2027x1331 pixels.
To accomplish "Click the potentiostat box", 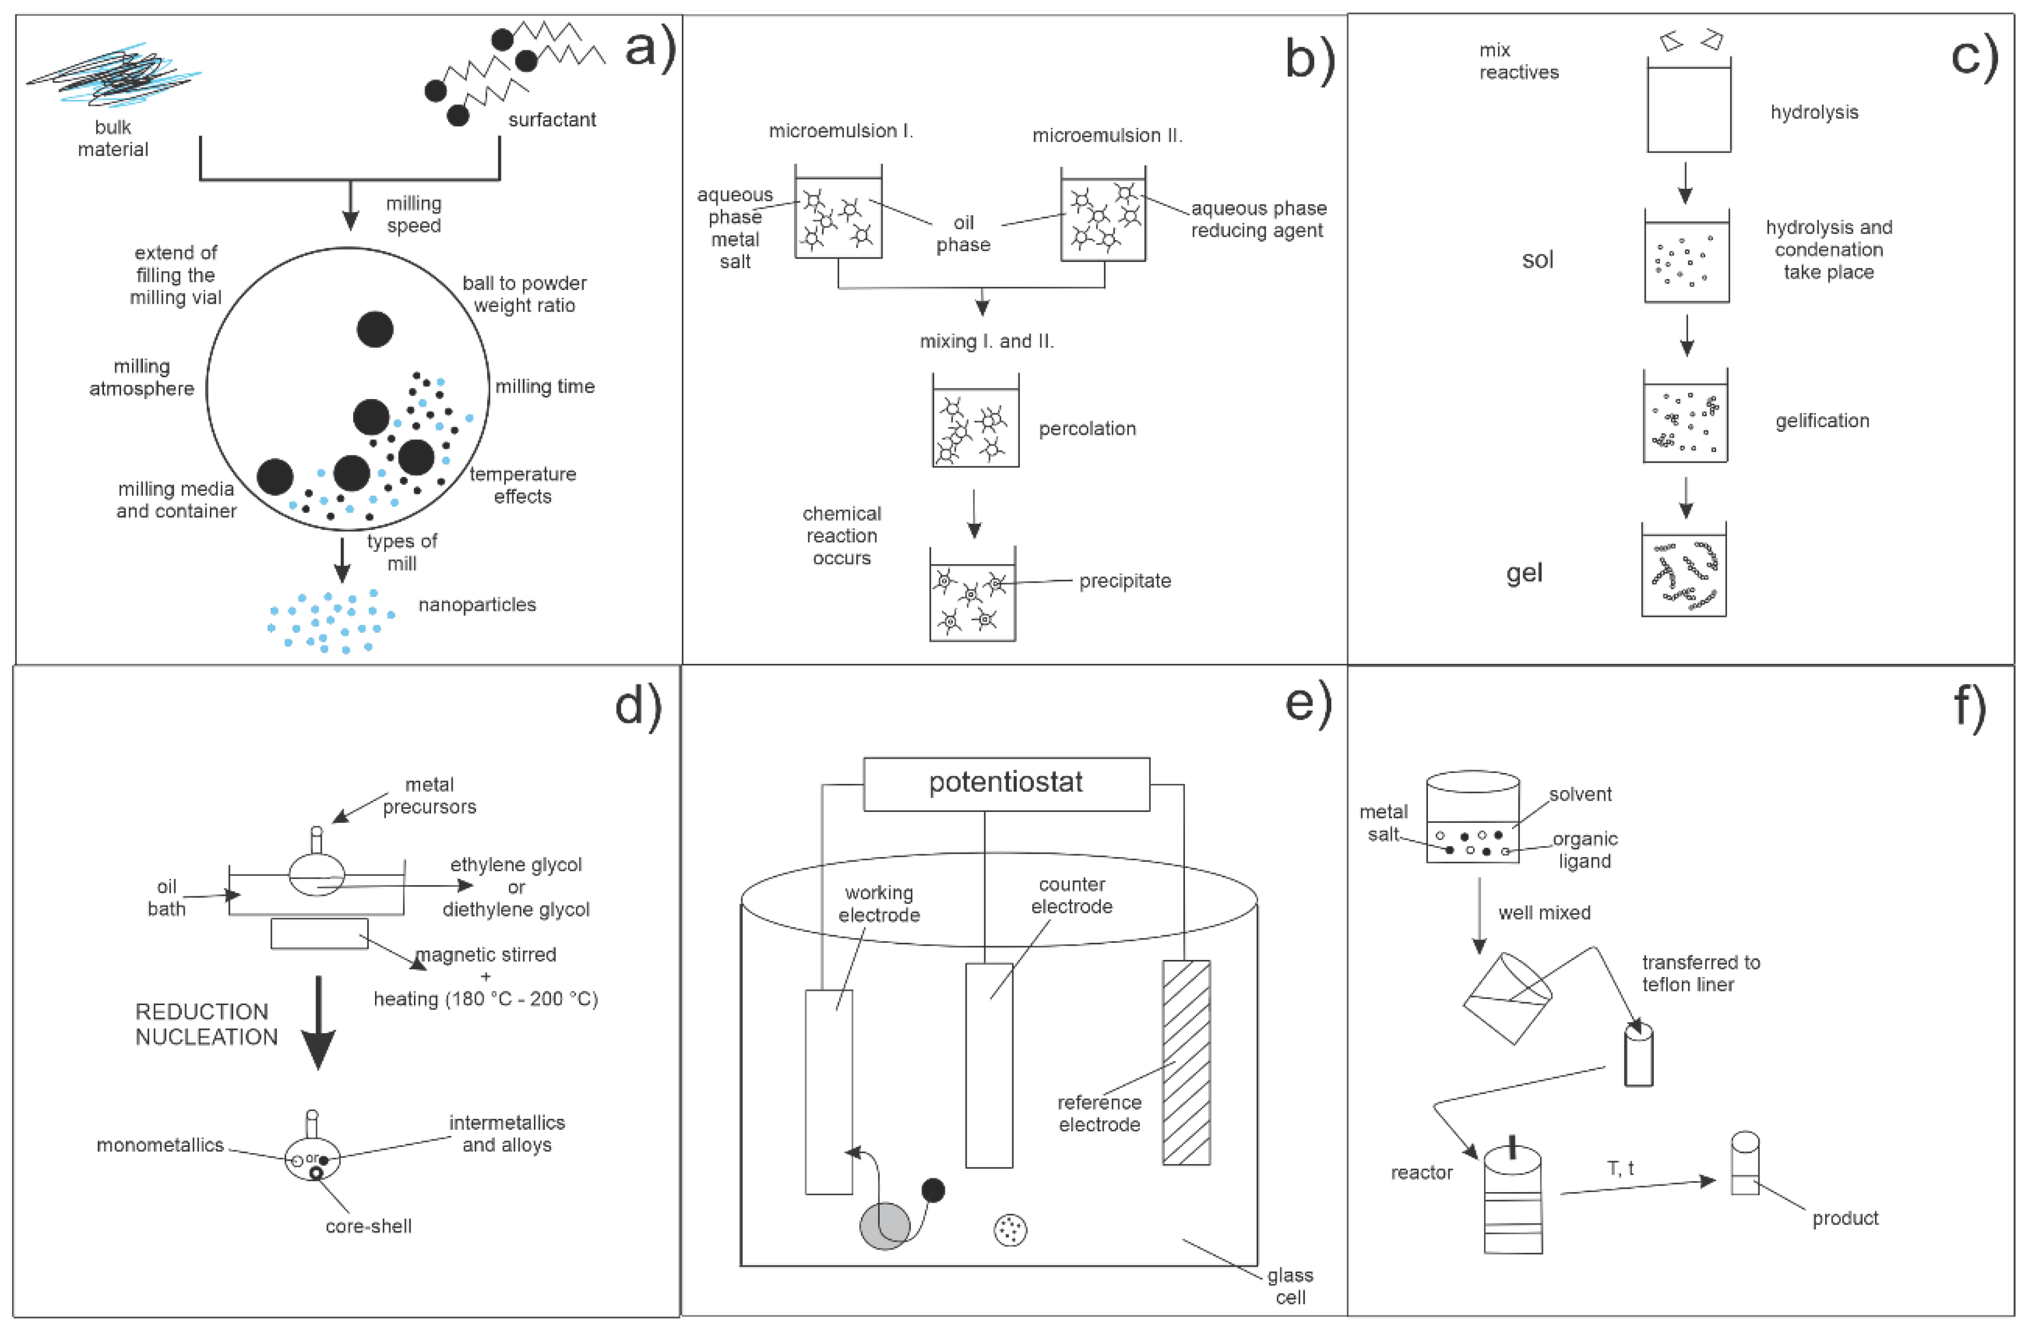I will click(x=1006, y=783).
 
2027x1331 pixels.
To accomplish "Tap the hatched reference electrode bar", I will click(x=1186, y=1063).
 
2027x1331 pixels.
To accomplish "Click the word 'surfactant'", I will click(x=552, y=120).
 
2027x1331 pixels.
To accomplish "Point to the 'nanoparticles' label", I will click(x=477, y=605).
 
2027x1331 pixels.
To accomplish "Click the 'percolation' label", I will click(x=1087, y=428).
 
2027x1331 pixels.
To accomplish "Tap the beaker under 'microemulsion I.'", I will click(x=838, y=213).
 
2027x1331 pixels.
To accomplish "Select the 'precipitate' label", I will click(x=1124, y=581).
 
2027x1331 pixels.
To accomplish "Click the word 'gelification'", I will click(x=1822, y=421).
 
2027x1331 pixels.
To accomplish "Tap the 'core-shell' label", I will click(x=368, y=1226).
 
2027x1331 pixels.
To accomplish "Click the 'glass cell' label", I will click(x=1290, y=1286).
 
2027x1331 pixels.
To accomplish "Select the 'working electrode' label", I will click(x=879, y=903).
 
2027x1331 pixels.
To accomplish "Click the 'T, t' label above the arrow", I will click(x=1620, y=1169).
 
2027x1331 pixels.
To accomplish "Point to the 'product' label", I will click(x=1845, y=1218).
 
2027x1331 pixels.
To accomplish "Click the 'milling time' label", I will click(x=545, y=386).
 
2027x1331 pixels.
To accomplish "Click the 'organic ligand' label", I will click(x=1584, y=850).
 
